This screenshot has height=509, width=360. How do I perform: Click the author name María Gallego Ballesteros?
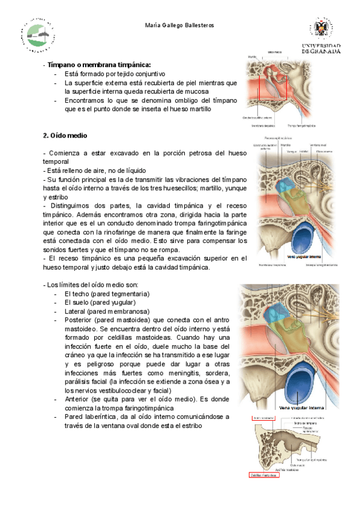[180, 25]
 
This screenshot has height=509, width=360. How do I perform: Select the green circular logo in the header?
[40, 37]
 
